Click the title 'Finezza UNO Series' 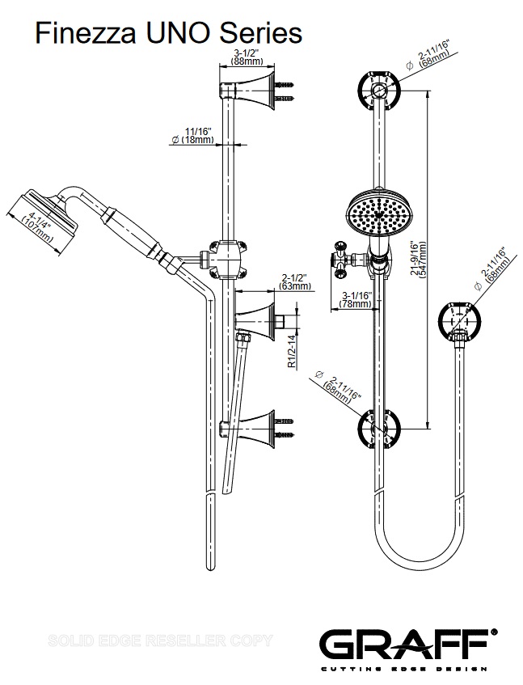point(167,33)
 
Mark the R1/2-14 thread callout point(293,353)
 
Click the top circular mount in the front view point(377,90)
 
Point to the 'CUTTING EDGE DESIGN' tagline point(404,669)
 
